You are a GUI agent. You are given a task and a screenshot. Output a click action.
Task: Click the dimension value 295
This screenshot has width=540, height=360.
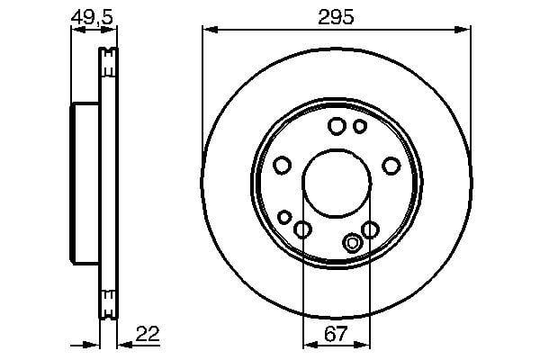336,17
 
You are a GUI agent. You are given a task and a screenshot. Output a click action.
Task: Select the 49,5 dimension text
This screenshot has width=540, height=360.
92,17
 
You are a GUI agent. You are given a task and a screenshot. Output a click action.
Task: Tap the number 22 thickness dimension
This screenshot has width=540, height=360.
148,334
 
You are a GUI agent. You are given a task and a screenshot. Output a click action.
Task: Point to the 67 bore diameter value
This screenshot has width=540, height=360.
336,334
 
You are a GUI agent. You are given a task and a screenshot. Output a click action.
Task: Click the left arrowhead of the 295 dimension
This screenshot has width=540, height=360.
210,30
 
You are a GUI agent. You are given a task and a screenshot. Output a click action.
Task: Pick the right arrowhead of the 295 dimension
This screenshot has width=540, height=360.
463,30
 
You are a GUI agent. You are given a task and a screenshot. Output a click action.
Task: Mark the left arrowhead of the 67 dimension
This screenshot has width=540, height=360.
311,344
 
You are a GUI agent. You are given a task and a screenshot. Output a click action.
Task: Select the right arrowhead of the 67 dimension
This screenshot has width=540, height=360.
362,344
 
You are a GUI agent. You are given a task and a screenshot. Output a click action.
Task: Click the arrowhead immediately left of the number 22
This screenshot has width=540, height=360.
125,344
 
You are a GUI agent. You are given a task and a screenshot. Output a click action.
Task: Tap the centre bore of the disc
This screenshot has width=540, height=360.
337,183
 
